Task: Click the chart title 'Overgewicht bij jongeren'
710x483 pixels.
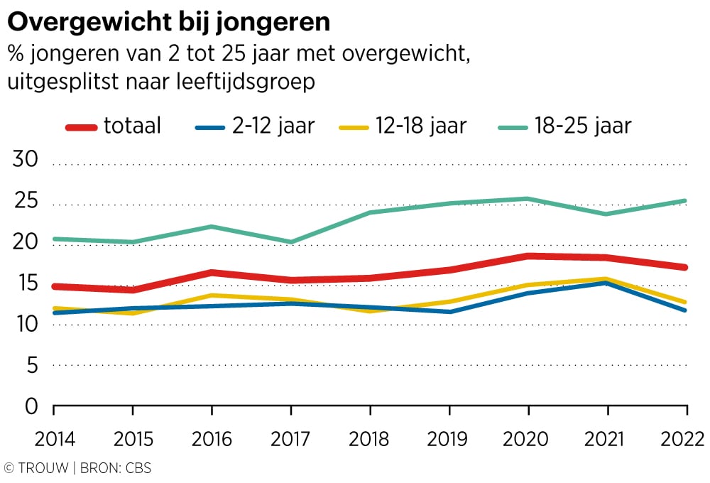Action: coord(168,23)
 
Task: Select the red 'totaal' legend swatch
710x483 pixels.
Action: coord(82,127)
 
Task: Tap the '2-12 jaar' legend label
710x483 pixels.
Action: coord(273,126)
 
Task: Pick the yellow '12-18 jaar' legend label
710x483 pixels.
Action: coord(421,126)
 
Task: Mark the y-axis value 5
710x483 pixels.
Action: coord(32,366)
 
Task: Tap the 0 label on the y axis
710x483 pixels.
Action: coord(31,407)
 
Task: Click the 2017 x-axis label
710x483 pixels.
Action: coord(290,439)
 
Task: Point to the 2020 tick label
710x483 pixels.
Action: coord(528,439)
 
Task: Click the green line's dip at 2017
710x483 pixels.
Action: coord(291,242)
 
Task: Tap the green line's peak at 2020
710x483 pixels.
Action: coord(528,199)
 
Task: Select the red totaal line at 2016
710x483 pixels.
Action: coord(212,272)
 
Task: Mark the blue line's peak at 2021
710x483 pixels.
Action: coord(607,283)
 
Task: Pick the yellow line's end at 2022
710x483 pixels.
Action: coord(686,302)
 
